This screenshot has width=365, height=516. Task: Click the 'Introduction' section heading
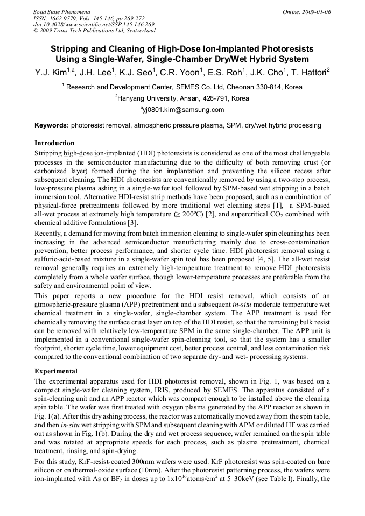pos(54,143)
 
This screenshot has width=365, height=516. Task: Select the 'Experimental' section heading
pos(56,371)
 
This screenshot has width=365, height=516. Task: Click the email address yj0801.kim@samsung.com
pos(182,110)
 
